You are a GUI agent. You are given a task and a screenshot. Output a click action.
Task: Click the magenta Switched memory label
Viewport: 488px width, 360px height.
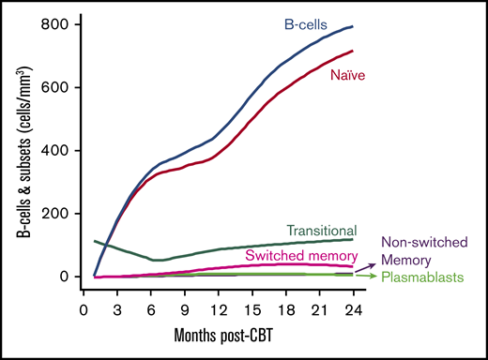pos(299,254)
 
